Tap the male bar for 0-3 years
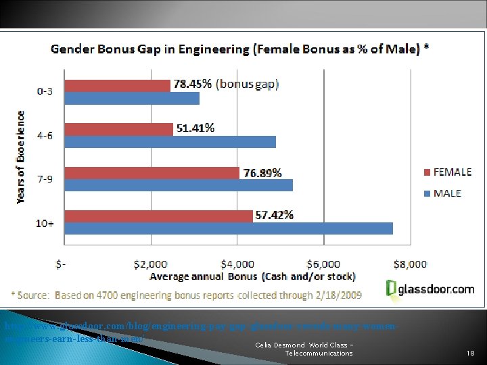(x=132, y=98)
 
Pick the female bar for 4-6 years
(x=118, y=128)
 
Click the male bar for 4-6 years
(x=170, y=141)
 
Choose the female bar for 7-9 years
(x=152, y=172)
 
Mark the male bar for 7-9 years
(x=179, y=185)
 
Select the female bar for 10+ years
(x=158, y=216)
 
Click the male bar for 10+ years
(x=229, y=228)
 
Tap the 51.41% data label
(x=195, y=128)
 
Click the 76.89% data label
(x=262, y=172)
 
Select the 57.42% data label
(x=274, y=215)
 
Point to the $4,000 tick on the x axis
(x=237, y=264)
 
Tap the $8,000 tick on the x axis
(x=411, y=264)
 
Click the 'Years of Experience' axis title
(x=21, y=157)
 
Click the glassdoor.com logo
(x=430, y=289)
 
